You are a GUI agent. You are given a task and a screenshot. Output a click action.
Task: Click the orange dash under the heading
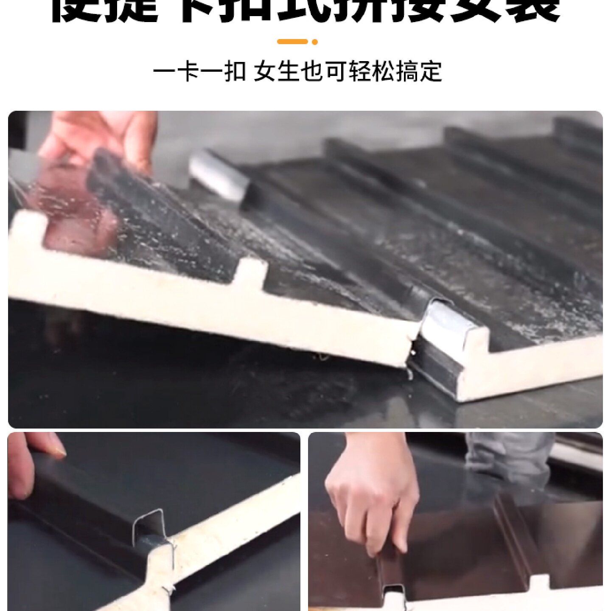point(292,42)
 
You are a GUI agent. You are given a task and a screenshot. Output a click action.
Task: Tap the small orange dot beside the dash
point(315,42)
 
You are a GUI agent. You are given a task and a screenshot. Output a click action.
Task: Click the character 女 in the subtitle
point(264,71)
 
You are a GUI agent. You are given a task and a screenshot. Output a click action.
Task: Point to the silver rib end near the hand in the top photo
point(219,174)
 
